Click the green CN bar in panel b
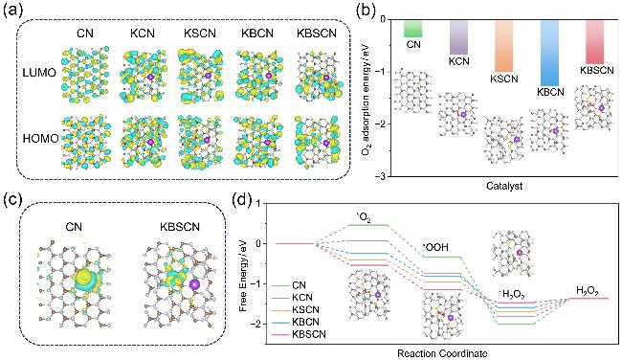tap(413, 29)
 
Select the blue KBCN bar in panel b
tap(550, 53)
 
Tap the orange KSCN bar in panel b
tap(504, 46)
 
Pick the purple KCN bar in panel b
tap(459, 37)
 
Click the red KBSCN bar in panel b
tap(595, 42)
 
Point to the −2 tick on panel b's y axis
tap(381, 124)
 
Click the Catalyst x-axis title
tap(504, 186)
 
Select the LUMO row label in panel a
tap(39, 73)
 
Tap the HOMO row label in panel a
tap(40, 139)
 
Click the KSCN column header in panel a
tap(200, 34)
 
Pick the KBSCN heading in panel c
tap(180, 227)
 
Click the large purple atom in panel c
tap(194, 284)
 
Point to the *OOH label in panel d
tap(435, 247)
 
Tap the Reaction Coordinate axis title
tap(442, 353)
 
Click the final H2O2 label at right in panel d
tap(588, 291)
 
